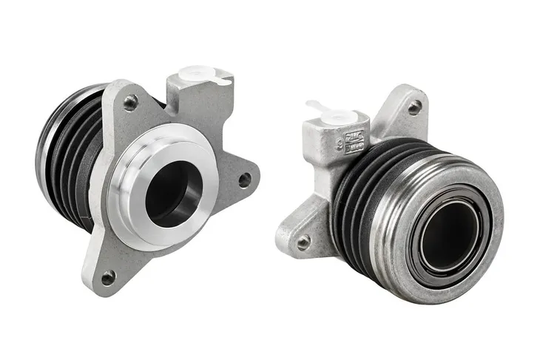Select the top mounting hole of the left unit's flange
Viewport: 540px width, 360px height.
tap(130, 103)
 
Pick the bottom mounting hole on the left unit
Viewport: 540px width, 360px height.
tap(108, 277)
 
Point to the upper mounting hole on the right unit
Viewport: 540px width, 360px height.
tap(415, 106)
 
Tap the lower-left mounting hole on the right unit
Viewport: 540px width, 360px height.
tap(303, 241)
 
